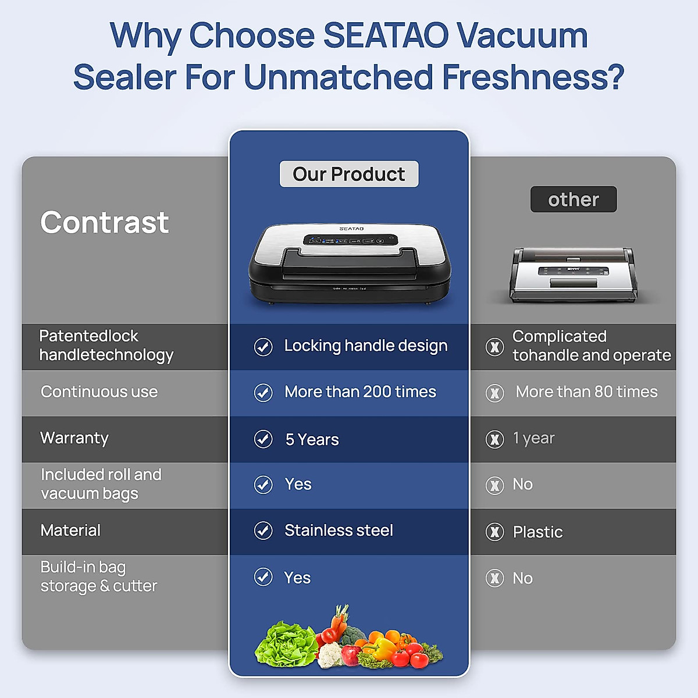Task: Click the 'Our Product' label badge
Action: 349,174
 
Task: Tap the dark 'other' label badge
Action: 574,200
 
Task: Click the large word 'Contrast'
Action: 105,222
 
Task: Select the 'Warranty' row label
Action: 74,438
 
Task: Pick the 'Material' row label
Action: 70,530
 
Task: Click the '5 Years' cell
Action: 312,440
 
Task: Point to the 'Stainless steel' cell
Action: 339,530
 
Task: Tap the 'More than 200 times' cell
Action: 360,392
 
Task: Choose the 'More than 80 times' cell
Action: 586,392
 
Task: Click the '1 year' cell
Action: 533,438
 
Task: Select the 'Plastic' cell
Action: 537,532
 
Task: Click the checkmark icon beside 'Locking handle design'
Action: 263,347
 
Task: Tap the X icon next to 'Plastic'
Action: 495,532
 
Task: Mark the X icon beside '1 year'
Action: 495,439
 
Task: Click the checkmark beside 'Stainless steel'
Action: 263,530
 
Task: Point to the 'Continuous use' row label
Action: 99,392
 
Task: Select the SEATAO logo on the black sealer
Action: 351,229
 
